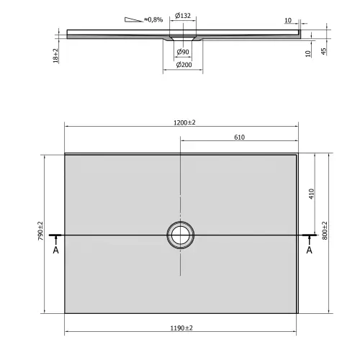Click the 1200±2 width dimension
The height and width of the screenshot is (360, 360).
coord(183,123)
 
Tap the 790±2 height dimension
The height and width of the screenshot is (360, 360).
coord(41,235)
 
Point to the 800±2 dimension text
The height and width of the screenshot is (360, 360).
coord(325,234)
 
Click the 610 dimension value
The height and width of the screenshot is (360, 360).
coord(240,137)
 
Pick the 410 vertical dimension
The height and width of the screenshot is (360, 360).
coord(310,194)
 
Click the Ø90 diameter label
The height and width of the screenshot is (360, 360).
coord(183,53)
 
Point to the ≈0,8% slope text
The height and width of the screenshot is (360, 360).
coord(153,19)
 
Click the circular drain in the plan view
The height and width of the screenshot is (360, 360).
coord(180,235)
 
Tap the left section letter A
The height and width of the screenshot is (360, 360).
coord(55,251)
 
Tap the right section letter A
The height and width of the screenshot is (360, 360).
coord(310,251)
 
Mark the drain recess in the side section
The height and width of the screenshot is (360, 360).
coord(182,37)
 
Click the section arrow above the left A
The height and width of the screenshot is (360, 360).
coord(55,238)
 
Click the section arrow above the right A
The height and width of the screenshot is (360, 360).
coord(310,238)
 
